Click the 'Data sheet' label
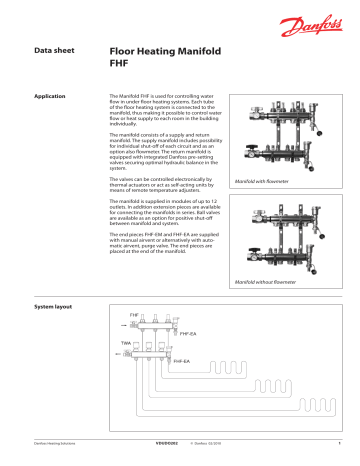tap(55, 48)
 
